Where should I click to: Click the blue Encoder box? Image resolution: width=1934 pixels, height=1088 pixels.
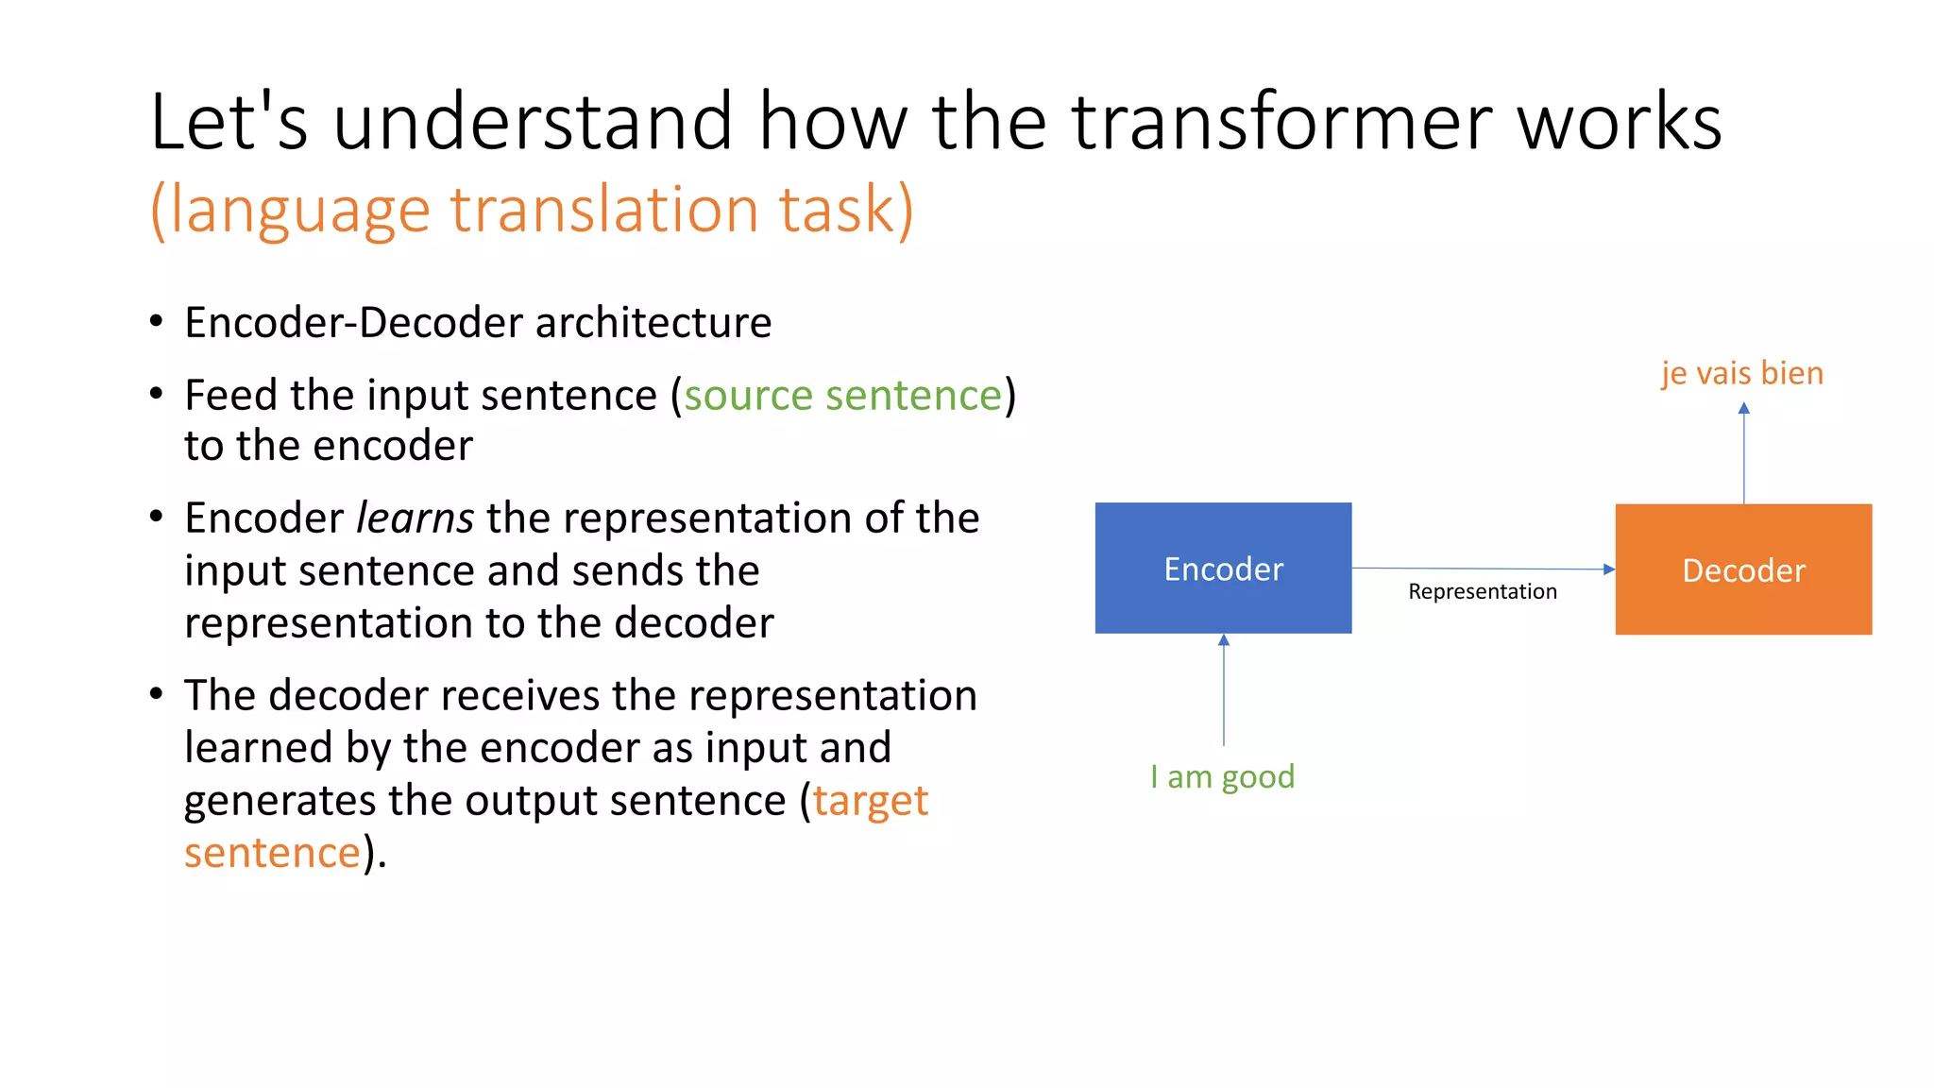[1223, 568]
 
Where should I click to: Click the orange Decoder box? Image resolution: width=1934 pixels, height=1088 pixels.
[1743, 569]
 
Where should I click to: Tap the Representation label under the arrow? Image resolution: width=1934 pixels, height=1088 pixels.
[1482, 591]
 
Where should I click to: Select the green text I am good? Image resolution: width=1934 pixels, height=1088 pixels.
[1222, 776]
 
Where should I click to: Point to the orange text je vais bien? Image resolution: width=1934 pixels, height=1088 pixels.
[1742, 373]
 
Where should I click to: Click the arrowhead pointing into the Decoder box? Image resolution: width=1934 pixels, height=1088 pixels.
[1609, 569]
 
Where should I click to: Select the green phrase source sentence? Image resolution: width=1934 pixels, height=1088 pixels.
[842, 395]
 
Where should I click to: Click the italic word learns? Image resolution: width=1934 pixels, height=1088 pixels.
[415, 518]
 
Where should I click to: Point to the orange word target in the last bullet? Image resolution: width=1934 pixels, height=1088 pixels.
[871, 800]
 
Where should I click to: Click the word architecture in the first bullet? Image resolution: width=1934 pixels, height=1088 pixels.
[653, 322]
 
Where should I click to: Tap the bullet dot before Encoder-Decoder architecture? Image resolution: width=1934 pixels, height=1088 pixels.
[157, 321]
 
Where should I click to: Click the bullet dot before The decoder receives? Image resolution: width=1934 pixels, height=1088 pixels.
[157, 694]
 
